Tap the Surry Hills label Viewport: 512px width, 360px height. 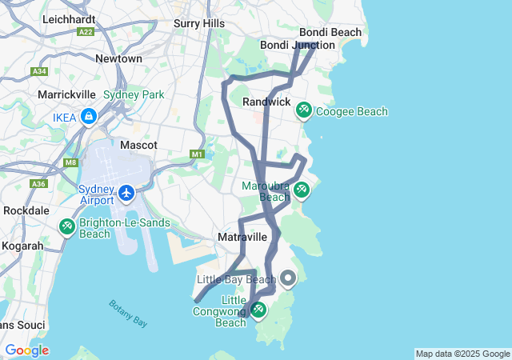coord(199,24)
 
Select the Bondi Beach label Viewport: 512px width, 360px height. coord(330,33)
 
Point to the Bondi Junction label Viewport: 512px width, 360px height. coord(298,45)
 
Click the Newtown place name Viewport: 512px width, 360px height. coord(118,58)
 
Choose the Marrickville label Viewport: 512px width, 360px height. coord(67,94)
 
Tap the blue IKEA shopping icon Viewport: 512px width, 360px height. coord(88,118)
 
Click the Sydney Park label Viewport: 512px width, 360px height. coord(134,94)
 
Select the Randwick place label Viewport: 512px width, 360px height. coord(266,102)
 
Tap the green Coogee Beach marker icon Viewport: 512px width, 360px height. coord(304,110)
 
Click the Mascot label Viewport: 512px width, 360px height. coord(138,146)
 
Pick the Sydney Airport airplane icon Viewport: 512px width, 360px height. coord(126,193)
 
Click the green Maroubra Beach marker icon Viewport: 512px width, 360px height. coord(301,190)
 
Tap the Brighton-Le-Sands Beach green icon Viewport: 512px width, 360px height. coord(67,226)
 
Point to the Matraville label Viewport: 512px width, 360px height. coord(242,238)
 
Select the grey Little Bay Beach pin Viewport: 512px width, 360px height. coord(288,278)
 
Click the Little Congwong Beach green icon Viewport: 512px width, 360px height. coord(258,309)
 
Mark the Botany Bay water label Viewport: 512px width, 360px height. coord(128,313)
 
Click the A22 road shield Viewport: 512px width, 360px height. coord(86,31)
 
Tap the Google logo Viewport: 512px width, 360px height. coord(26,350)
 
